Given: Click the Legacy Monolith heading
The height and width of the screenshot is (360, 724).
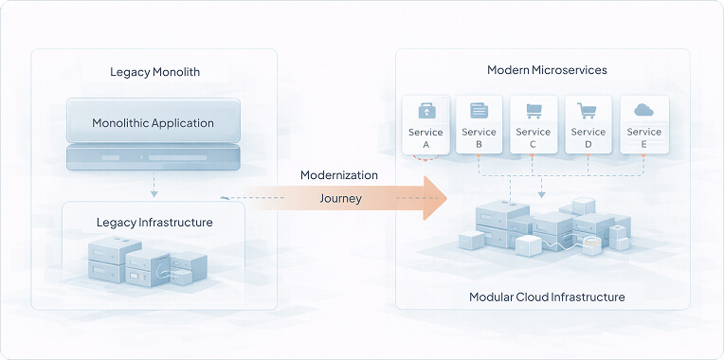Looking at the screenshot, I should point(154,72).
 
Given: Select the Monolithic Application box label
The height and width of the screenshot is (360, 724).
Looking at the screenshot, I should point(153,123).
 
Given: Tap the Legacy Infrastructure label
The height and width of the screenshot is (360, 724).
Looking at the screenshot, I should point(154,223).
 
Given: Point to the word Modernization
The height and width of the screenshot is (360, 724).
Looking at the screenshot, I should point(339,175).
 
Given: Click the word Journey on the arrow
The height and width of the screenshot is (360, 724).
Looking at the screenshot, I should point(340,199).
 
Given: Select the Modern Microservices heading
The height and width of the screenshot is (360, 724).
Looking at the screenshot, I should point(547,70).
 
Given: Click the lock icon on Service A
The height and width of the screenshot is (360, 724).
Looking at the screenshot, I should point(426,110).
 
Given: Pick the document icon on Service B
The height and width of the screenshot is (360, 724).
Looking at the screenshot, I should point(480,110).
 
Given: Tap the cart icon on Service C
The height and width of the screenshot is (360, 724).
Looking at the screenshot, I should point(534,110).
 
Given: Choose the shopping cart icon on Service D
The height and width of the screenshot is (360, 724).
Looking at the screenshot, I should point(588,110).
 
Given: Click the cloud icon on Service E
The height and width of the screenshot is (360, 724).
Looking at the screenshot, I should point(644,110).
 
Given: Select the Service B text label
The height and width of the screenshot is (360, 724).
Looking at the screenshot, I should point(480,138).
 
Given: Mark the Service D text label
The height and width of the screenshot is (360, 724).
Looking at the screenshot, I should point(588,138).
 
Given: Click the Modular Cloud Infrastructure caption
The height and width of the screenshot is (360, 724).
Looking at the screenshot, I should point(547,297).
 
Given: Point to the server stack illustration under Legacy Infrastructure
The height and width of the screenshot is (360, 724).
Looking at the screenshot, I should point(147,261).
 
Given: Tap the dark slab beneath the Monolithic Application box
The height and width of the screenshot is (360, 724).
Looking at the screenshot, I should point(153,156).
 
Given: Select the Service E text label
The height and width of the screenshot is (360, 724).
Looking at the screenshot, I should point(644,138).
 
